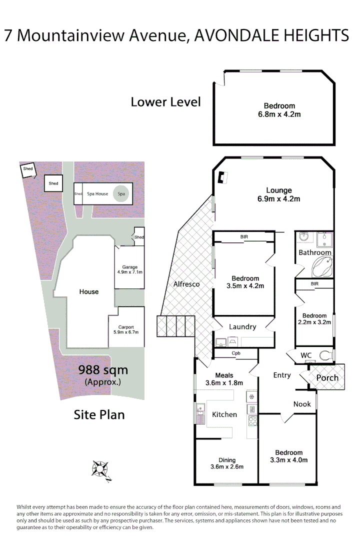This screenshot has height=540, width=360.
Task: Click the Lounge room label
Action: [x=278, y=190]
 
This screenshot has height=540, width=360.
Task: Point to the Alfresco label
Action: [x=186, y=284]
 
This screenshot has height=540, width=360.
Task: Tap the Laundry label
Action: [x=242, y=327]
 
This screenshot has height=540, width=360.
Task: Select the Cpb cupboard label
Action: [x=236, y=353]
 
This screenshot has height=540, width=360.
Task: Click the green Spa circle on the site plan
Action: [x=120, y=193]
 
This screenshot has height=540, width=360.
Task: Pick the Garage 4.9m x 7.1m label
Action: [x=129, y=269]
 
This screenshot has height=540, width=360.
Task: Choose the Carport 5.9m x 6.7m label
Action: [x=126, y=329]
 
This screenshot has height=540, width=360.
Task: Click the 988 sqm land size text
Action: [x=103, y=370]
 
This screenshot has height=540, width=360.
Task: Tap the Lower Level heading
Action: [x=165, y=102]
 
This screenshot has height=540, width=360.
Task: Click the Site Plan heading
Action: [x=99, y=414]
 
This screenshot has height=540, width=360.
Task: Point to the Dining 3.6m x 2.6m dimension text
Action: [x=226, y=467]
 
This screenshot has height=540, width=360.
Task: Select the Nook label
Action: [x=302, y=404]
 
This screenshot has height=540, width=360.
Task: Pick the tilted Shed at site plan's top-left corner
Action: [x=28, y=169]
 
